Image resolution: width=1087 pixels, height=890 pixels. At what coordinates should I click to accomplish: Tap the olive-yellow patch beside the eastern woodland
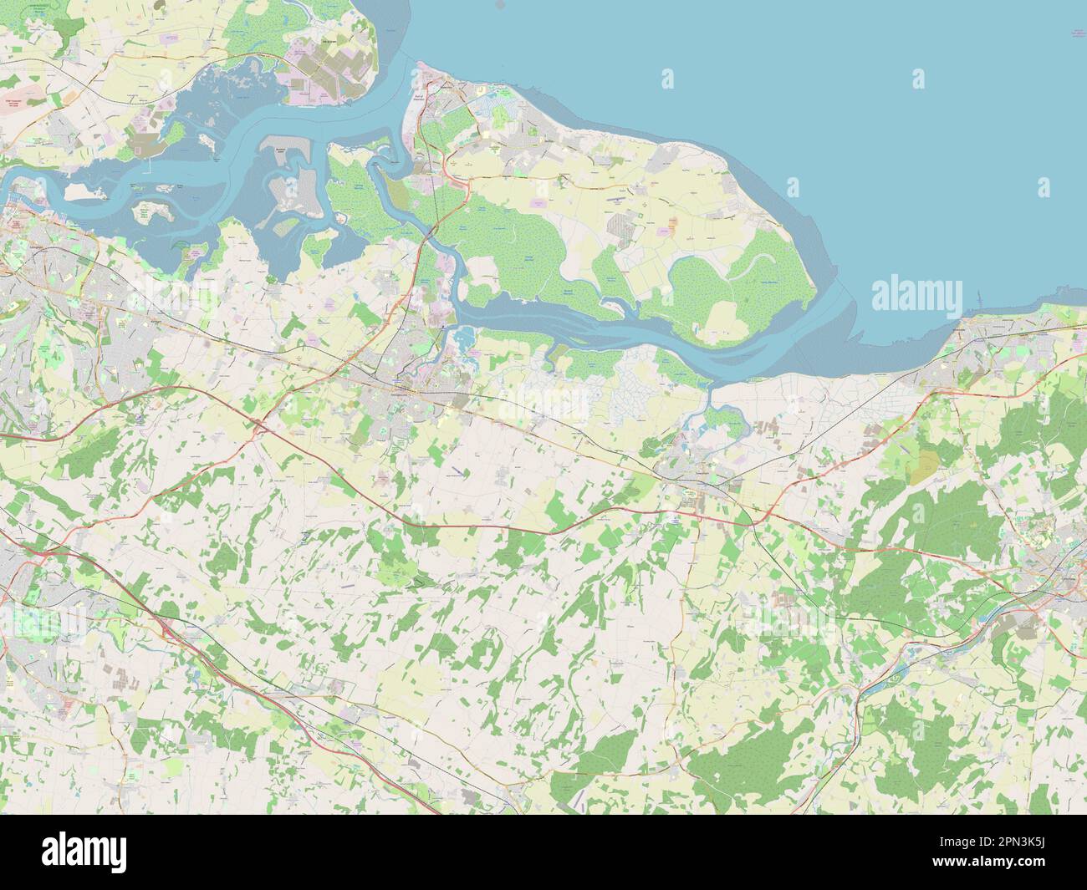(923, 469)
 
